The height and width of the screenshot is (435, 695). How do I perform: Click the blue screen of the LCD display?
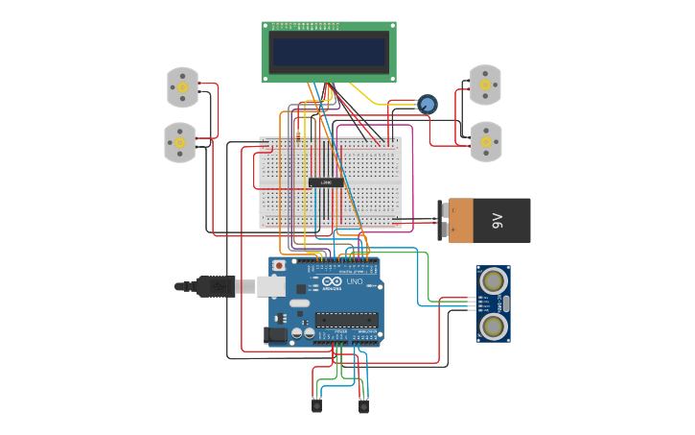329,52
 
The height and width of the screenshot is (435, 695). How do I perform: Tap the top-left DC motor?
182,87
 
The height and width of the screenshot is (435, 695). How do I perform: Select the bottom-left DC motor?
179,142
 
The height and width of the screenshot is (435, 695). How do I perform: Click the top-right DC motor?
485,85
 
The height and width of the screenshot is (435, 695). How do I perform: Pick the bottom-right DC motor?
486,141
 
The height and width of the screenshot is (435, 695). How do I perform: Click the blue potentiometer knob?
428,104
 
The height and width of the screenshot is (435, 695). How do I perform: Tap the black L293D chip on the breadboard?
326,182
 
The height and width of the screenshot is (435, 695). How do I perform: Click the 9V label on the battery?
497,221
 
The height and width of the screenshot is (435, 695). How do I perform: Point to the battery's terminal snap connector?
443,221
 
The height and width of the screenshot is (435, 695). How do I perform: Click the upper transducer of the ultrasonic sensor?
494,281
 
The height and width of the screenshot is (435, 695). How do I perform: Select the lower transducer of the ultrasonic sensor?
494,326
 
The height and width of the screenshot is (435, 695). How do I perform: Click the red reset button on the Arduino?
279,265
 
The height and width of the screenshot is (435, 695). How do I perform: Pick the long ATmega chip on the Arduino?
346,320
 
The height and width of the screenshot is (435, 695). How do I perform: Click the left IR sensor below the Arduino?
316,405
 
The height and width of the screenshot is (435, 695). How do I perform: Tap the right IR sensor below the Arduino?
363,405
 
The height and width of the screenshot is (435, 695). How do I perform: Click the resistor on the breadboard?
298,133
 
